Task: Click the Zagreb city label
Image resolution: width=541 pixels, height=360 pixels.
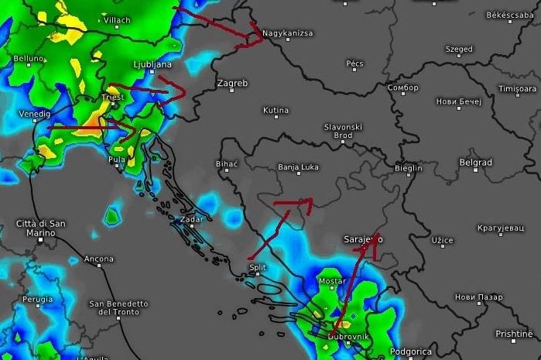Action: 232,83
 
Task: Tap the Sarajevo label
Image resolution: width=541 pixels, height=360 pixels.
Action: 361,240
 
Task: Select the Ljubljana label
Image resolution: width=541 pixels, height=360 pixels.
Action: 152,64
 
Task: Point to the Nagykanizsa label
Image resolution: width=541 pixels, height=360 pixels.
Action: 287,33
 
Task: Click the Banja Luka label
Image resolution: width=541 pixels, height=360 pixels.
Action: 298,166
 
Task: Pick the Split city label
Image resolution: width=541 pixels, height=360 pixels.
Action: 257,268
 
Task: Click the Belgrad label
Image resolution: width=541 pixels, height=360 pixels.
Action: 475,163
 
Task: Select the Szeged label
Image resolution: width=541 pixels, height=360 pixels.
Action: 459,50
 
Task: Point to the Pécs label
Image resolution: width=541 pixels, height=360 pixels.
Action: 355,63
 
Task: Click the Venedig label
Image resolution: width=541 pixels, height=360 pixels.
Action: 34,114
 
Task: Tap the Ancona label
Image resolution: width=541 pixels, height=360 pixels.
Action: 99,259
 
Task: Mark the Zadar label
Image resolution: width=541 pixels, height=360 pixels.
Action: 191,219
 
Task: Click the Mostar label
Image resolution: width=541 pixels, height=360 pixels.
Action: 332,281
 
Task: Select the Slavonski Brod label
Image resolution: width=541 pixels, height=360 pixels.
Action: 343,131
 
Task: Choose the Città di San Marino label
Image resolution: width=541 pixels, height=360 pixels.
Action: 41,228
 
